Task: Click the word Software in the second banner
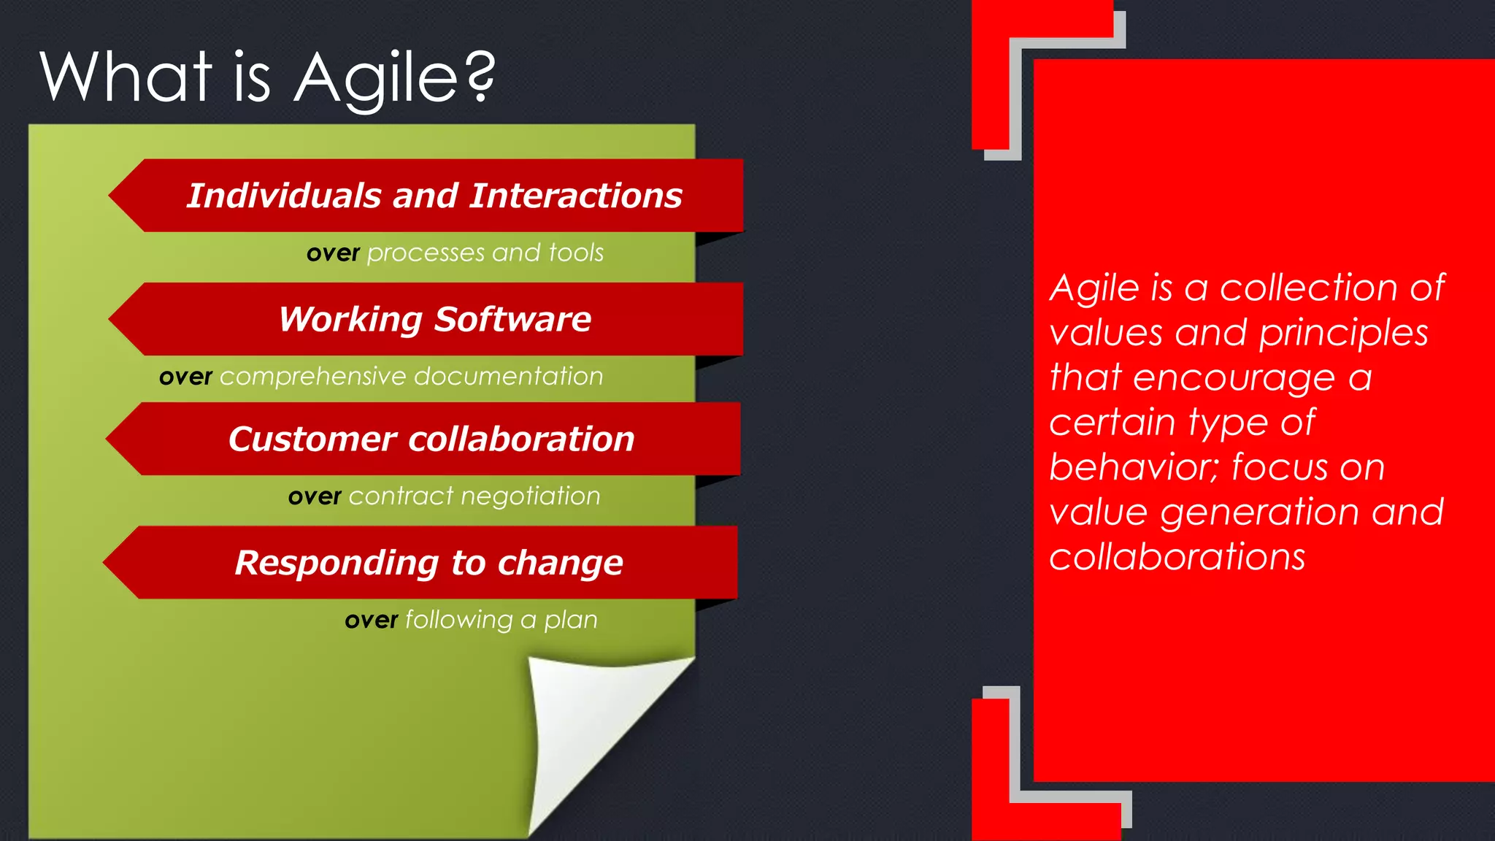point(512,319)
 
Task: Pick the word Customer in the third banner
point(312,439)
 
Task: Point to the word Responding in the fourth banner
point(336,563)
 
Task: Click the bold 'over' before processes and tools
point(333,253)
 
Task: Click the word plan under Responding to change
point(570,620)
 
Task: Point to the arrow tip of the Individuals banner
point(117,195)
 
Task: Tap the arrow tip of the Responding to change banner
point(112,563)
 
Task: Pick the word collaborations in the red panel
point(1177,557)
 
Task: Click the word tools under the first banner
point(576,253)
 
